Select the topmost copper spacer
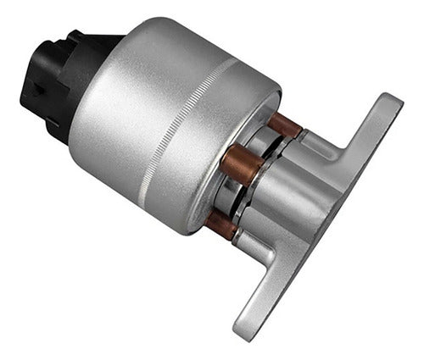284,125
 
